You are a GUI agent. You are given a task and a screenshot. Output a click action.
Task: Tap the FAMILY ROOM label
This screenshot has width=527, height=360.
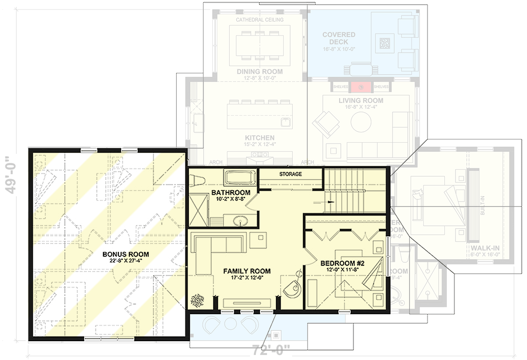coord(247,271)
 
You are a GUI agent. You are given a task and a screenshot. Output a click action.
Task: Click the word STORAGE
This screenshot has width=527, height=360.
coord(290,174)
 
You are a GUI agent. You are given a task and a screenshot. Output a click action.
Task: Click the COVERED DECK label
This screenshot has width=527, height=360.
coord(339,38)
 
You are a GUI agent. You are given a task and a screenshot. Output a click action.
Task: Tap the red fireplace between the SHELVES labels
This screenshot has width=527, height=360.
coord(361,86)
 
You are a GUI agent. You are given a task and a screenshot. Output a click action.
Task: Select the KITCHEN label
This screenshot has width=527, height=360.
coord(259,137)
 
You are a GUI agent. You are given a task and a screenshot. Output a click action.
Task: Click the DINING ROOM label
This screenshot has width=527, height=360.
coord(259,72)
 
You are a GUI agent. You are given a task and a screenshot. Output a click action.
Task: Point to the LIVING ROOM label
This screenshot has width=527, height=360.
coord(361,100)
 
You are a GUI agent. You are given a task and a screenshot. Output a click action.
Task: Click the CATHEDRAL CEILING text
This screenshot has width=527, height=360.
coord(259,20)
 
